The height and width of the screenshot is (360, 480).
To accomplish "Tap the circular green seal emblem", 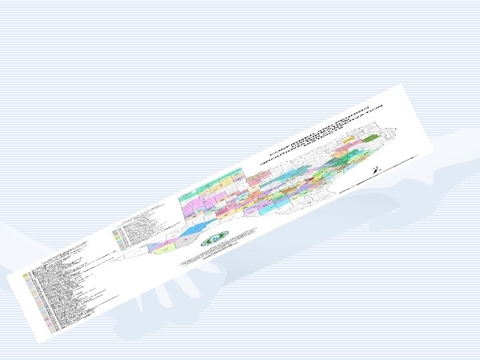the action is [x=215, y=237].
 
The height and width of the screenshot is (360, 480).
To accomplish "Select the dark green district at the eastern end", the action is [x=371, y=139].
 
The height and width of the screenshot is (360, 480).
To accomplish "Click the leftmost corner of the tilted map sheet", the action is [x=7, y=274].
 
